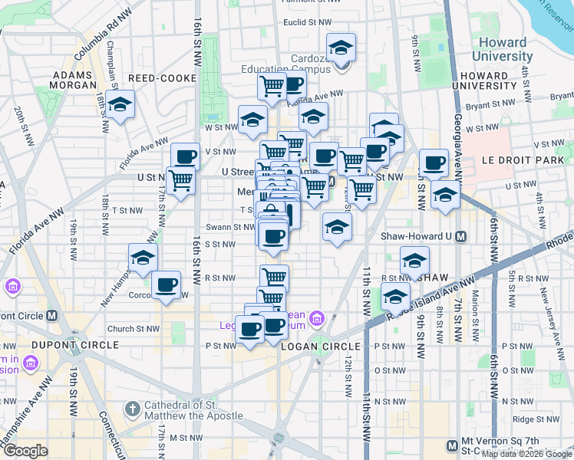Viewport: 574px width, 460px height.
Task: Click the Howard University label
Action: (x=503, y=49)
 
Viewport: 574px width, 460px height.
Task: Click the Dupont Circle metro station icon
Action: (x=52, y=315)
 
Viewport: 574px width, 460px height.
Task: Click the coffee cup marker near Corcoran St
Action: (x=166, y=286)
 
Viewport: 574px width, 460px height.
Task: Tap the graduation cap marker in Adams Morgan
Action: (x=120, y=105)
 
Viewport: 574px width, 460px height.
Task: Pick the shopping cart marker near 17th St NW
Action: (x=180, y=180)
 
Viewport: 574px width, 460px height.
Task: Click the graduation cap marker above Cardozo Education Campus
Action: (x=341, y=48)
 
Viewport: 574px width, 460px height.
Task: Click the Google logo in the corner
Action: (x=25, y=452)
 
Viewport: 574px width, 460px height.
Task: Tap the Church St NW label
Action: (x=133, y=329)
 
